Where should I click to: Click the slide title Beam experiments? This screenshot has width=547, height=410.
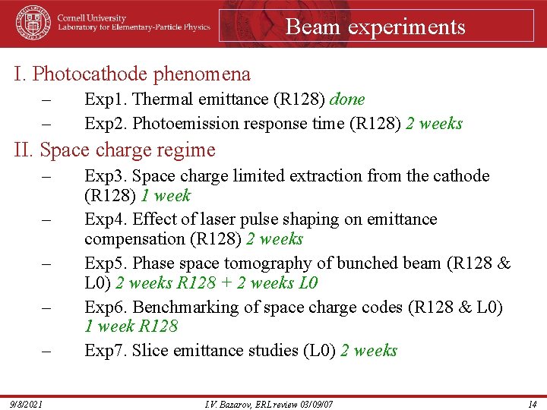pos(375,27)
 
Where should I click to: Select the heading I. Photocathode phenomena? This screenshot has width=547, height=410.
pos(132,74)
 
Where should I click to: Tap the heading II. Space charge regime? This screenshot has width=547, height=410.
pos(115,150)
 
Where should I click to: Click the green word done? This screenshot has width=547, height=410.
pos(349,99)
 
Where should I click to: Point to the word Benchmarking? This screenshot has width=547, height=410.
pos(181,307)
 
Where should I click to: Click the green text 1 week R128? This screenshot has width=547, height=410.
pos(131,326)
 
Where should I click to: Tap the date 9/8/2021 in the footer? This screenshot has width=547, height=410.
pos(26,404)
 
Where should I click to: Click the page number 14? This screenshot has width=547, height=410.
pos(533,404)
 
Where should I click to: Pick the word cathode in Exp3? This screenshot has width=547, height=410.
pos(462,176)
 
